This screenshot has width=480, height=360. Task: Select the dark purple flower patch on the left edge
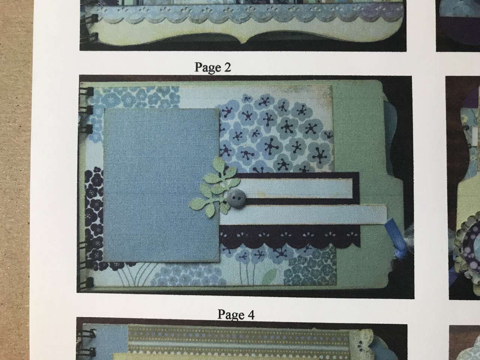click(x=93, y=210)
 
